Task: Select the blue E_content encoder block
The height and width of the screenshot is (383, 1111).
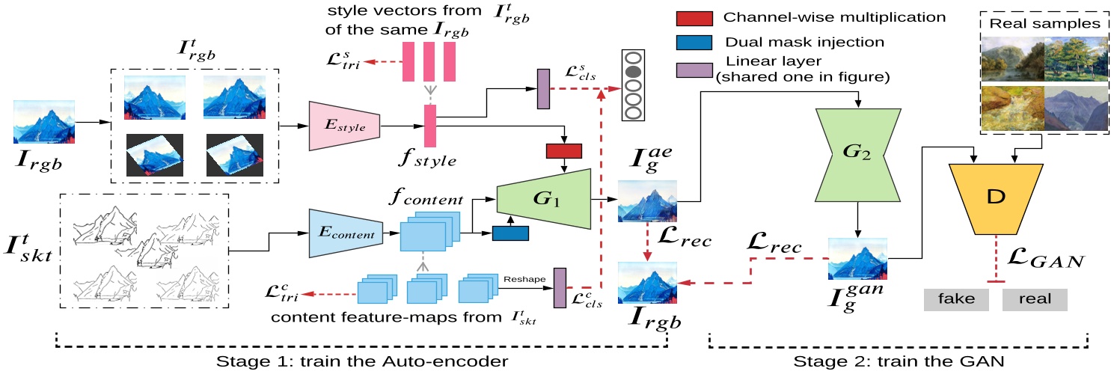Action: (x=346, y=234)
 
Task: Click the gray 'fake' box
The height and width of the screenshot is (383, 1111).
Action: (x=956, y=299)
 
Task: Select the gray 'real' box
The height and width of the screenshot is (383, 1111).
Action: (x=1035, y=299)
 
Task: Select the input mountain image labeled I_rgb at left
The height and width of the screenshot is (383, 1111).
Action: (x=44, y=121)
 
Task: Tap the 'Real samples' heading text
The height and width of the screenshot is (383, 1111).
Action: (x=1044, y=23)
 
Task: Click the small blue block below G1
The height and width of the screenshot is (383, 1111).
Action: (x=510, y=233)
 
